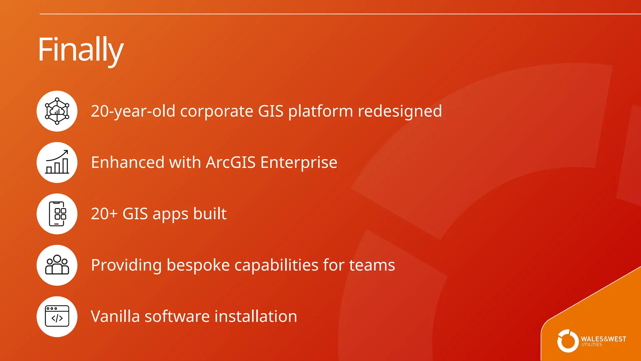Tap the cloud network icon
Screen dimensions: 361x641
tap(57, 111)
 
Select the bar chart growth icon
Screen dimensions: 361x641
tap(57, 162)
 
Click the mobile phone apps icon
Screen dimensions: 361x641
tap(57, 214)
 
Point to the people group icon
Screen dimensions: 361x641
tap(57, 265)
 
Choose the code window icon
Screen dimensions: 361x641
tap(57, 317)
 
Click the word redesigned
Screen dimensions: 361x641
tap(400, 111)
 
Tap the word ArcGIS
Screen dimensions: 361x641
tap(231, 162)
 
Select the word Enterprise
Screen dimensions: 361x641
tap(299, 162)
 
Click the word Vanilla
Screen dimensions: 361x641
tap(115, 317)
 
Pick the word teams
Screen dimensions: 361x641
tap(372, 265)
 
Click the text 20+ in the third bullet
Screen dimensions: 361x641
tap(104, 214)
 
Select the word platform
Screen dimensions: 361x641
tap(320, 111)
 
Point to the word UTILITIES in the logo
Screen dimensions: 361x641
tap(592, 345)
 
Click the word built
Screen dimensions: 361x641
tap(210, 214)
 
